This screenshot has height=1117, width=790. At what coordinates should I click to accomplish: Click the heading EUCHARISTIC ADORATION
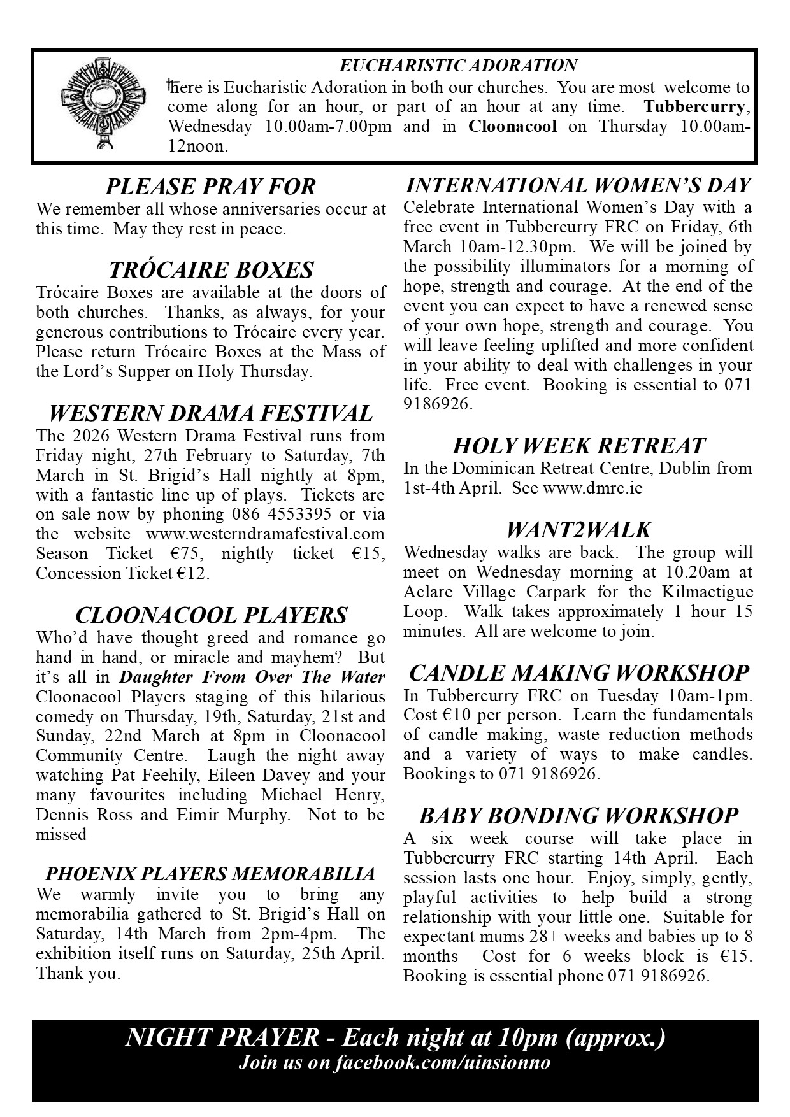pos(458,66)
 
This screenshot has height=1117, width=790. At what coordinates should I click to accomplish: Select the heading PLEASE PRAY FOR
pos(210,187)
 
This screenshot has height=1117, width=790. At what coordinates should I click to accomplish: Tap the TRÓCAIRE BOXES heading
pos(211,270)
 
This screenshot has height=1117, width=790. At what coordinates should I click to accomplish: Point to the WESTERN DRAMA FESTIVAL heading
pos(210,413)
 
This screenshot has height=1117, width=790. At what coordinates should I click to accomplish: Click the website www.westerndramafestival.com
pos(265,534)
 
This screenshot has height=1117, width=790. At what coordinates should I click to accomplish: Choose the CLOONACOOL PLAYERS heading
pos(211,615)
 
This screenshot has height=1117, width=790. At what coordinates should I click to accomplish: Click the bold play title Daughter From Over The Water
pos(252,676)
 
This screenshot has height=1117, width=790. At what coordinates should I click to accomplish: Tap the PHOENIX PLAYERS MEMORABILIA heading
pos(210,873)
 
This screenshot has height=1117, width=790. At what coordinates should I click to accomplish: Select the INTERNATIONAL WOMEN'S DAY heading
pos(578,185)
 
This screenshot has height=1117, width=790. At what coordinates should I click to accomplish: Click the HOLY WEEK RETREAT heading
pos(578,446)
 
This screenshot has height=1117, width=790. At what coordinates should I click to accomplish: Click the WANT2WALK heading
pos(578,530)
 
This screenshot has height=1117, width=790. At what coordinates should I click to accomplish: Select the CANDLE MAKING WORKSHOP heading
pos(578,673)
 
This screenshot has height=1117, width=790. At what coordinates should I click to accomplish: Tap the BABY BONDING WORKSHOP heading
pos(578,816)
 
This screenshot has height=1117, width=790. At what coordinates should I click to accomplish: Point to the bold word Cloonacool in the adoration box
pos(513,126)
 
